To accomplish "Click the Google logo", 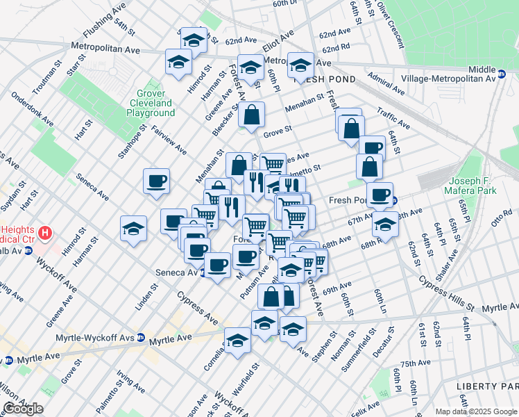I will (x=23, y=409).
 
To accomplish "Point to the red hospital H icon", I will (x=46, y=231).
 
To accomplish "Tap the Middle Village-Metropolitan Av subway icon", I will (x=501, y=72).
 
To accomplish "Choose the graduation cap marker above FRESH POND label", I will (x=300, y=65).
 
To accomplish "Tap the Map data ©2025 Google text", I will (x=476, y=411).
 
